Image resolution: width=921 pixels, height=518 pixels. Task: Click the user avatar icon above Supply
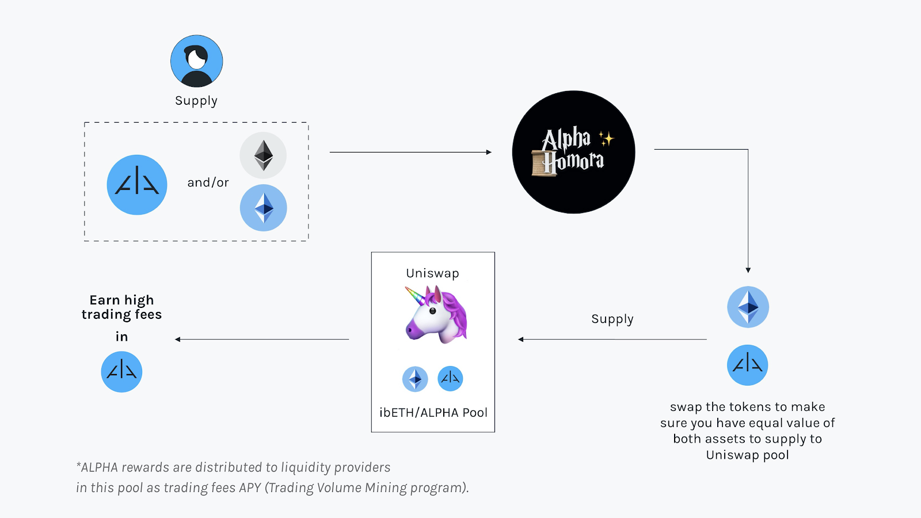coord(196,61)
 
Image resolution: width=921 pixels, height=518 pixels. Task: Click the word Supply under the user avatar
coord(196,101)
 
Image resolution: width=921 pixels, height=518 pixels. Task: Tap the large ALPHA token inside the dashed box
coord(137,185)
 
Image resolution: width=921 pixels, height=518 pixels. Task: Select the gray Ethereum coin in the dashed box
coord(263,155)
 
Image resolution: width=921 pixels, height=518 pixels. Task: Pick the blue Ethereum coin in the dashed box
coord(264,208)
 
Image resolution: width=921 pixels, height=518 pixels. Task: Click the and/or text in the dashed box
coord(208,182)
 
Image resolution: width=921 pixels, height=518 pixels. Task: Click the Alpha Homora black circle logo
coord(573,152)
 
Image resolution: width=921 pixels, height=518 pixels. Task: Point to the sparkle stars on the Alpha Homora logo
coord(606,139)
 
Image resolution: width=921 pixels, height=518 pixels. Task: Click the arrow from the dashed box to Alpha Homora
coord(410,152)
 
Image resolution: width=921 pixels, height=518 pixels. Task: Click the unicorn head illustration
coord(436,315)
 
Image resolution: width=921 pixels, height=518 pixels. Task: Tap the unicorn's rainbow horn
coord(415,295)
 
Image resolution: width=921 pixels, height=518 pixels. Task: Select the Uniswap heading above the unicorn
coord(432,273)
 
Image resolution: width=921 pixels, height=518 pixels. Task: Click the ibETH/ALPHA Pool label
coord(433,412)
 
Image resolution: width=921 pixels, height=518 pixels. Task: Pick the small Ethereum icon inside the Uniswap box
coord(415,379)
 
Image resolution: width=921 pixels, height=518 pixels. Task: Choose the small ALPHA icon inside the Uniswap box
coord(450,378)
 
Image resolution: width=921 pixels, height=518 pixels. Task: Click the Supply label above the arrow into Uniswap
coord(612,319)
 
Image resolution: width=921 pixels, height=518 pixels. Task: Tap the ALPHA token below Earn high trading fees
coord(121,372)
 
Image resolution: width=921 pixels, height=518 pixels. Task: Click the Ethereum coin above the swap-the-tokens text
coord(748,307)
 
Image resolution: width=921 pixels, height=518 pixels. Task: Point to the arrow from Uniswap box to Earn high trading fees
coord(262,339)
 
